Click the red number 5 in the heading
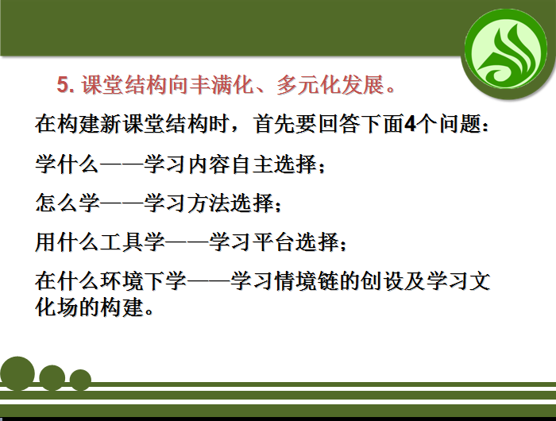[63, 85]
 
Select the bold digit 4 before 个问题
[410, 124]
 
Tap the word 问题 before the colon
[461, 124]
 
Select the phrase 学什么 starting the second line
[68, 164]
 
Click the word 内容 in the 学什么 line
[208, 164]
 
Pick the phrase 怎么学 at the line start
[68, 203]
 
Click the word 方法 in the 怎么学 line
[208, 203]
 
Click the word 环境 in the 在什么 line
[122, 281]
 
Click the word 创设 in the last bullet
[383, 281]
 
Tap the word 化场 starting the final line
[56, 307]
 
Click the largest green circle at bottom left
[17, 373]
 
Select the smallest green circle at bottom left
[80, 380]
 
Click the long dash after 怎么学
[122, 203]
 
